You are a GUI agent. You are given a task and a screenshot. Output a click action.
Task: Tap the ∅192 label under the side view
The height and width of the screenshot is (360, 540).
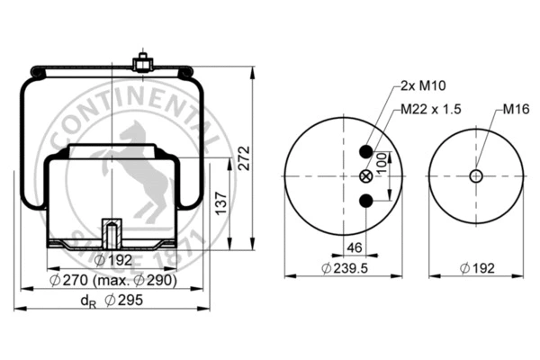[x=114, y=260]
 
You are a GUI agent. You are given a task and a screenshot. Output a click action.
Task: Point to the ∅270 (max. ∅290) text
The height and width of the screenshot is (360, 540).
[x=112, y=280]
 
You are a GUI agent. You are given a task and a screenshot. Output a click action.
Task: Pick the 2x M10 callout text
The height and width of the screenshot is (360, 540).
[x=423, y=87]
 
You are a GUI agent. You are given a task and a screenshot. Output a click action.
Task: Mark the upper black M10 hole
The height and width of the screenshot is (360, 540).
[x=366, y=150]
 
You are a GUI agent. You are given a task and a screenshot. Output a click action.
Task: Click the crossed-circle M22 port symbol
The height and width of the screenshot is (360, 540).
[x=366, y=175]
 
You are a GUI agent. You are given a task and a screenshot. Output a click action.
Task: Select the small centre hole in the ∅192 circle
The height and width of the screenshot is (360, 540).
[x=476, y=175]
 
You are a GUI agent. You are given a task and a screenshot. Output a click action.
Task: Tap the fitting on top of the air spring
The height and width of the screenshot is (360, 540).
[x=142, y=63]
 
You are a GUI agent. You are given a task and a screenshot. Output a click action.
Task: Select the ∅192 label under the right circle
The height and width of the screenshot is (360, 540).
[x=476, y=266]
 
